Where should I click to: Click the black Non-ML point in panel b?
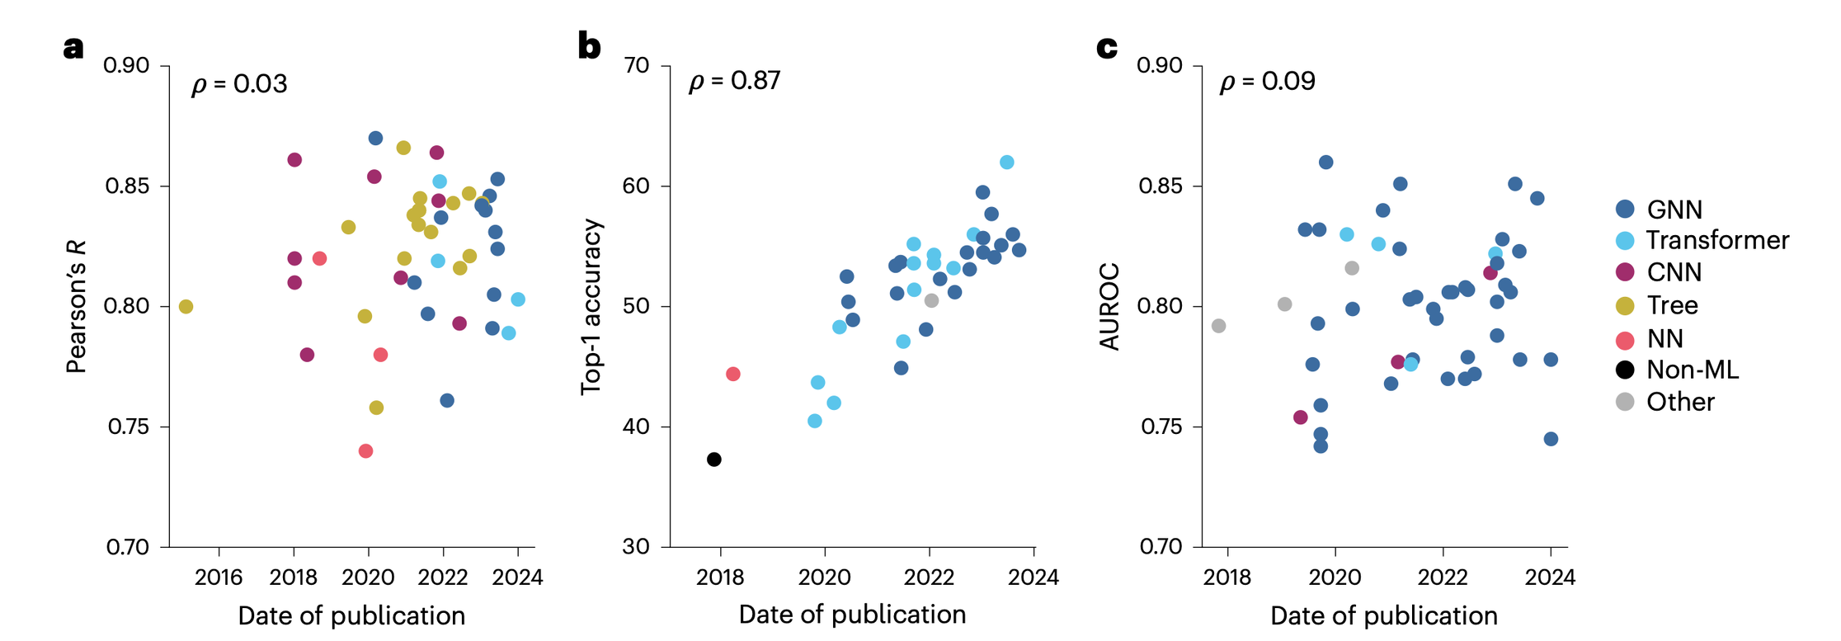714,460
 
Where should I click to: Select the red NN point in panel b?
733,375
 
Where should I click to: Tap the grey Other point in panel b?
931,301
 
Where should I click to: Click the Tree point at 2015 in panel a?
186,307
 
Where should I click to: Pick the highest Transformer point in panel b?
1007,163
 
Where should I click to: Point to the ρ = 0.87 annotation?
734,81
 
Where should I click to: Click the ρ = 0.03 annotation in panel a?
239,84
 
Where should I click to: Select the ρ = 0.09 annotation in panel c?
1268,81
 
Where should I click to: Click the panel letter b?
589,46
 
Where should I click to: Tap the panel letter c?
1107,47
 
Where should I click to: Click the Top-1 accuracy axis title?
592,307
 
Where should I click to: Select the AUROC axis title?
1110,307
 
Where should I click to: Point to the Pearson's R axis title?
76,307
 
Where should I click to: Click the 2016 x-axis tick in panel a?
219,577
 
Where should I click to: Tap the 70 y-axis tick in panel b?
637,66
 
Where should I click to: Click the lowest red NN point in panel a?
366,451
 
